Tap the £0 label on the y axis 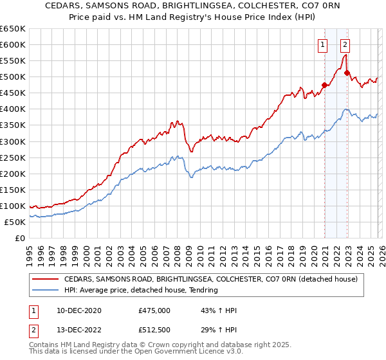20,238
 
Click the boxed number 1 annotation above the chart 322,44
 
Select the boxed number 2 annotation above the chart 345,44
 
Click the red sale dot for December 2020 324,85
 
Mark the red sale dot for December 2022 347,73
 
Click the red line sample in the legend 46,279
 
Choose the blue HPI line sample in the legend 46,290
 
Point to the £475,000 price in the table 154,310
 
